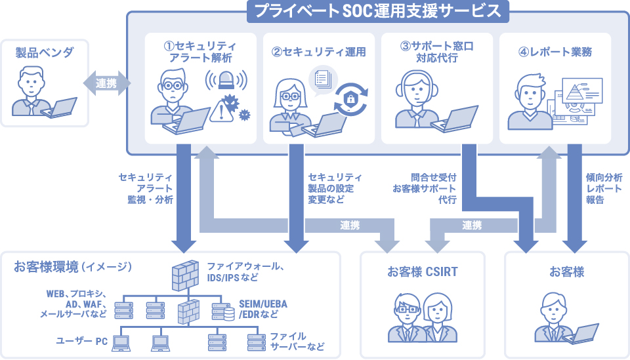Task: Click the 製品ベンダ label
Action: pos(45,52)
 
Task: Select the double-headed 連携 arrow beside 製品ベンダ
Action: pos(107,83)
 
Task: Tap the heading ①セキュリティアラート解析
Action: pos(200,52)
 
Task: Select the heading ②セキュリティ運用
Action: pos(318,52)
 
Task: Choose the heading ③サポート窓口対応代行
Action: pos(436,52)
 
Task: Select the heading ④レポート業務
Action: pos(555,52)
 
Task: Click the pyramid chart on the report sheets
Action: pos(579,92)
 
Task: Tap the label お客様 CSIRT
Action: pos(423,271)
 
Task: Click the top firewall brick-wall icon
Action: pos(185,275)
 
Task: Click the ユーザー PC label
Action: pos(81,340)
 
